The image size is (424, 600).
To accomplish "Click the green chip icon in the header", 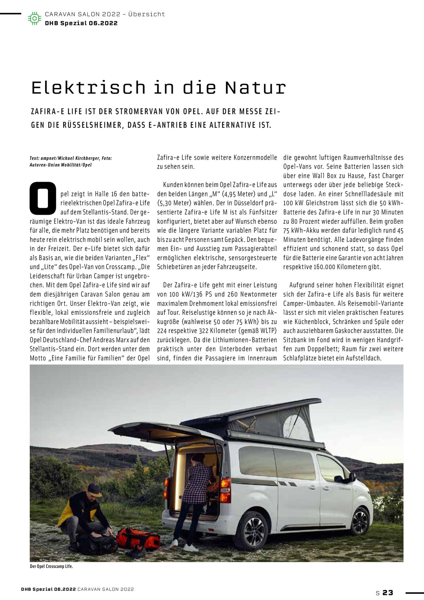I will click(35, 18).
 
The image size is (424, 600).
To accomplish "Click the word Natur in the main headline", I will click(255, 88).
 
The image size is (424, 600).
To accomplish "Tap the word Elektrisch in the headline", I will click(88, 88).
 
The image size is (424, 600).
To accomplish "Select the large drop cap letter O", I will click(43, 198).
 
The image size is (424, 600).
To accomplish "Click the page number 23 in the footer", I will click(388, 593).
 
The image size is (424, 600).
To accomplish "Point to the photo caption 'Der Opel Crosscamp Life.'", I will click(51, 566).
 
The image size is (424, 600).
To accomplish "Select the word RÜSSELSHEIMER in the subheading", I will click(92, 125).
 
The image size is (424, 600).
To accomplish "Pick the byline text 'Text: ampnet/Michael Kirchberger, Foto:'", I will click(71, 158).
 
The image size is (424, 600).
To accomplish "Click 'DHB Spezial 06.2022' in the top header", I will click(81, 23).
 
